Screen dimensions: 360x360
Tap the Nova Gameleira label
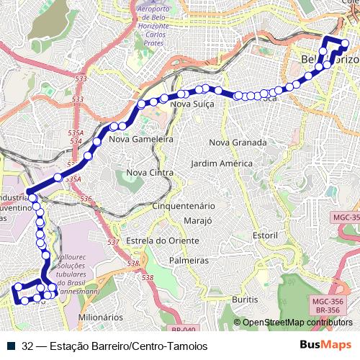(x=141, y=140)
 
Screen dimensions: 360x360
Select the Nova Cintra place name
(x=148, y=173)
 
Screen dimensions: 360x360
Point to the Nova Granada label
(x=238, y=143)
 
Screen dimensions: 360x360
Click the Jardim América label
(x=222, y=163)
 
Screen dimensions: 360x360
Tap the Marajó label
(x=197, y=220)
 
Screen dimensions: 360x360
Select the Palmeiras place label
(x=189, y=260)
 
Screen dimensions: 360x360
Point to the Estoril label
(x=265, y=235)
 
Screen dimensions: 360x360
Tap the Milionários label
(x=100, y=317)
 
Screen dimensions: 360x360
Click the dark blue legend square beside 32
(x=12, y=346)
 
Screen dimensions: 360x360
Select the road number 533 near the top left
(x=80, y=78)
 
